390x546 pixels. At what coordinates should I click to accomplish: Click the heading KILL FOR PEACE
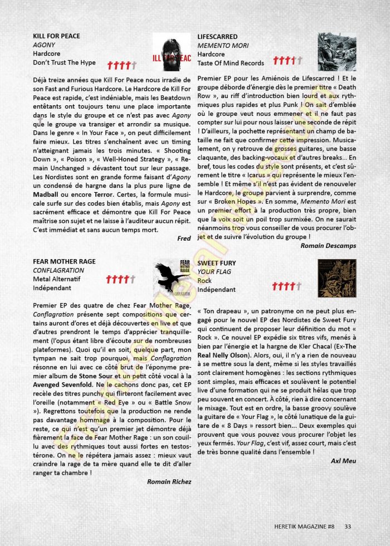point(56,36)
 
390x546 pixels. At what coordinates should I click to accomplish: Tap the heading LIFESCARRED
point(217,37)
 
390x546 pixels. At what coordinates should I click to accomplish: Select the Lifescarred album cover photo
point(337,51)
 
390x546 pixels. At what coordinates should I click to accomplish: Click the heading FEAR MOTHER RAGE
point(64,261)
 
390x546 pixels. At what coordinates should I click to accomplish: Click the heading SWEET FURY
point(216,263)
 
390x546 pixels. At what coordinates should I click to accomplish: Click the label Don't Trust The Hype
point(64,63)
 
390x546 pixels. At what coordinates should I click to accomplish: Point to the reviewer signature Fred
point(183,238)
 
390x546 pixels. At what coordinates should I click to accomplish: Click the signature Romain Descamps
point(328,245)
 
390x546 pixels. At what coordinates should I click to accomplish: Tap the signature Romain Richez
point(169,481)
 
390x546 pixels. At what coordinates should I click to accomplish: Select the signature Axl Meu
point(343,461)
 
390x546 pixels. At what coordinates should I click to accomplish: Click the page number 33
point(348,526)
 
